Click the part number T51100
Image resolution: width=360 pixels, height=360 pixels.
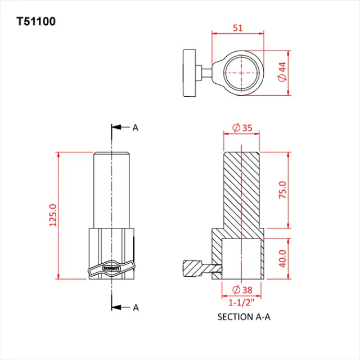pyautogui.click(x=36, y=22)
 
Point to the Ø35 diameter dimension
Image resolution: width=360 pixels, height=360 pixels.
pyautogui.click(x=242, y=128)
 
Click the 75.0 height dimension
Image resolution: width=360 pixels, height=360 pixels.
pyautogui.click(x=283, y=190)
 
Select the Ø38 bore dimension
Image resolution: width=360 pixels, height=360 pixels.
pyautogui.click(x=241, y=290)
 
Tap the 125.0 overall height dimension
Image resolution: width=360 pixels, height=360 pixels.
pyautogui.click(x=53, y=215)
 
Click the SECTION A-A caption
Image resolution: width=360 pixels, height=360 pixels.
pyautogui.click(x=244, y=317)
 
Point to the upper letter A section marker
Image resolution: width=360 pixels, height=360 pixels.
pyautogui.click(x=135, y=128)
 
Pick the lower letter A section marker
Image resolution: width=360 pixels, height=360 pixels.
pyautogui.click(x=135, y=307)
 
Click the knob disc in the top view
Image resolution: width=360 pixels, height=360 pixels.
pyautogui.click(x=190, y=74)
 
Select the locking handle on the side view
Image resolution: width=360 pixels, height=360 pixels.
pyautogui.click(x=111, y=268)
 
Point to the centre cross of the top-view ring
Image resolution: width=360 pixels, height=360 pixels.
pyautogui.click(x=241, y=73)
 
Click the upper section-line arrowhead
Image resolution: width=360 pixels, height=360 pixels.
pyautogui.click(x=116, y=128)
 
